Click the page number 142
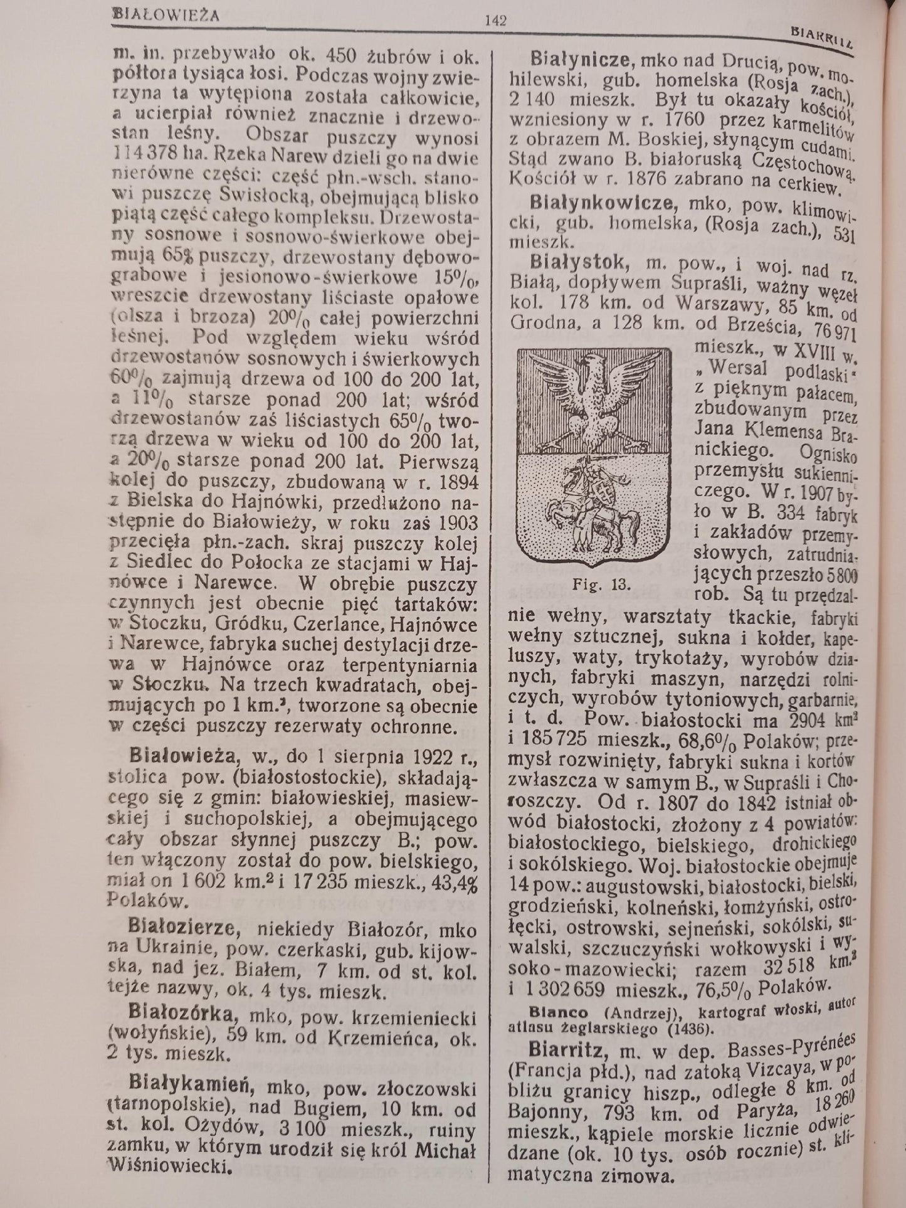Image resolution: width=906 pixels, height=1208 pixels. pos(495,20)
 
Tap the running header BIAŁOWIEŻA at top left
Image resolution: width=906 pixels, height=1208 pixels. pos(166,13)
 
